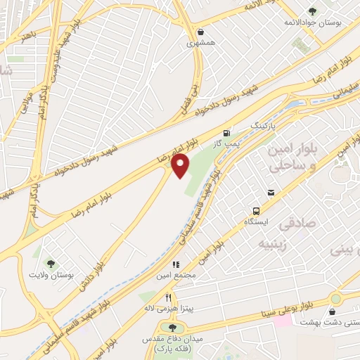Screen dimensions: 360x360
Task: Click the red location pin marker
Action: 181,166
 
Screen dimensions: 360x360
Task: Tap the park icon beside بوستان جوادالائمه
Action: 312,11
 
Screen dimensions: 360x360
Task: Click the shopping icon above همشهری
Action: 202,32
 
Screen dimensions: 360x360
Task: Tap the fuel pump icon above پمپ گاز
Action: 226,132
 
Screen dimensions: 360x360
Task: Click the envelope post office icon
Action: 271,193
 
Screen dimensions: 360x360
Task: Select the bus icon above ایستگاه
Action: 257,210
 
